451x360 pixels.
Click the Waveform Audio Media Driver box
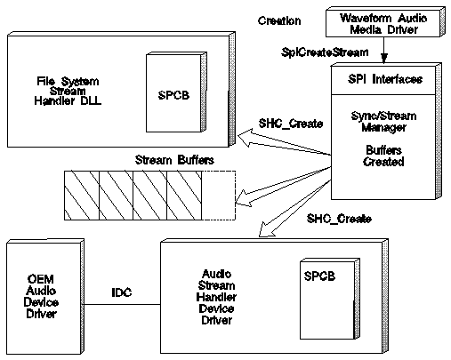[x=385, y=22]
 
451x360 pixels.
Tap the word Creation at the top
[x=279, y=20]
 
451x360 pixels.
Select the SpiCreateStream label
[x=325, y=52]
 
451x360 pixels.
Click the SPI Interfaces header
[x=385, y=79]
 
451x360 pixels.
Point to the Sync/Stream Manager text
[x=383, y=122]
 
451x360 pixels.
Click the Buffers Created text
[x=383, y=156]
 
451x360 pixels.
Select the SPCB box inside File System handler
[x=176, y=92]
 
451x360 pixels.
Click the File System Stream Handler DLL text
[x=68, y=91]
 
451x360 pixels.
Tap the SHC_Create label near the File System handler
[x=291, y=124]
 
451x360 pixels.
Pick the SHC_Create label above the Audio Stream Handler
[x=339, y=219]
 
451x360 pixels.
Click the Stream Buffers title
[x=174, y=160]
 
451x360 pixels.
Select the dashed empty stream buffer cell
[x=219, y=196]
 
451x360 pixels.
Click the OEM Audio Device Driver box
[x=45, y=297]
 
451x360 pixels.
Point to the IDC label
[x=122, y=292]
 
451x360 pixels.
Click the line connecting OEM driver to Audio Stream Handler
[x=122, y=304]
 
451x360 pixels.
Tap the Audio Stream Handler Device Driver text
[x=216, y=297]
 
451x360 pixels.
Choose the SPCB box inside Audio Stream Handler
[x=330, y=299]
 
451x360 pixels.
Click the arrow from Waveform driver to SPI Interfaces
[x=384, y=50]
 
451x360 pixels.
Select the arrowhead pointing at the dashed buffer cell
[x=244, y=198]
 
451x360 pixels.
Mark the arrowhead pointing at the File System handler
[x=246, y=138]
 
